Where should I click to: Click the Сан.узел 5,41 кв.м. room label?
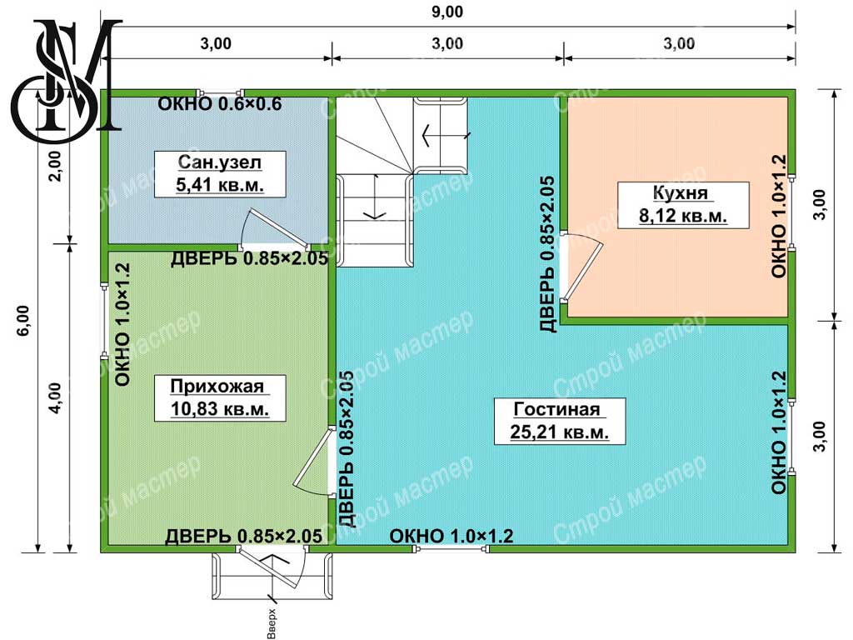pyautogui.click(x=220, y=173)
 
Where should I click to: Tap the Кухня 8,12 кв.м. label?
pyautogui.click(x=683, y=205)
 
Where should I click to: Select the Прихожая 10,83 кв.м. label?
pyautogui.click(x=220, y=397)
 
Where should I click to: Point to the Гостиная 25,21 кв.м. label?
pyautogui.click(x=559, y=421)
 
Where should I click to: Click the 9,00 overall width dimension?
pyautogui.click(x=447, y=12)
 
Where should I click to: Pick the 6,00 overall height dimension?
pyautogui.click(x=24, y=321)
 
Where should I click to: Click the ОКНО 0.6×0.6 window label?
pyautogui.click(x=220, y=103)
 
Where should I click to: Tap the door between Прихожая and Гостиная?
pyautogui.click(x=313, y=462)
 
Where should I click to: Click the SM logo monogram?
pyautogui.click(x=67, y=81)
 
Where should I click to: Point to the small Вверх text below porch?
pyautogui.click(x=272, y=623)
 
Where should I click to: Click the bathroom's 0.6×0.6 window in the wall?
pyautogui.click(x=221, y=92)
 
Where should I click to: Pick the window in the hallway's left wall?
pyautogui.click(x=104, y=321)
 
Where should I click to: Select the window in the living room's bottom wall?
pyautogui.click(x=451, y=549)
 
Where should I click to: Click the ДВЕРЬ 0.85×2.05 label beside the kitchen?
pyautogui.click(x=547, y=254)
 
